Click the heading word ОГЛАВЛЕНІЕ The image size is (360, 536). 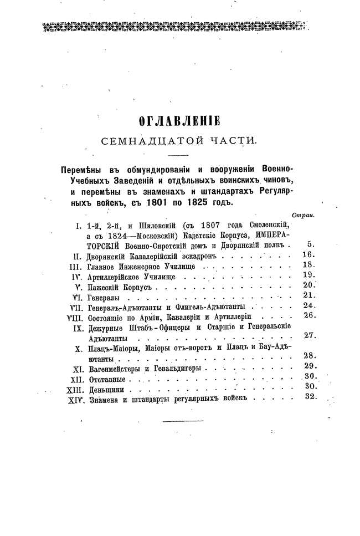(x=179, y=121)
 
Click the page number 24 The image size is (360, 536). (x=310, y=305)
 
